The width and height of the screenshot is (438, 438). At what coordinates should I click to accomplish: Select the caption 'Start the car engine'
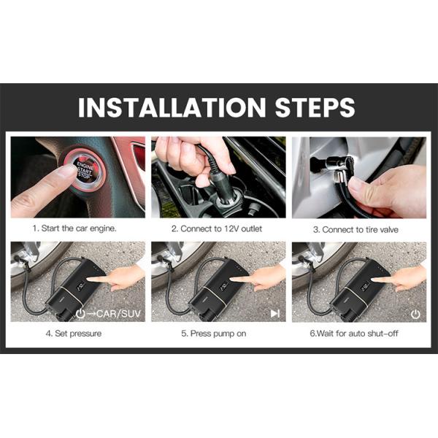coord(78,228)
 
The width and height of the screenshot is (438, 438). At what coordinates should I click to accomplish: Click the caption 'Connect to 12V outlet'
coord(219,228)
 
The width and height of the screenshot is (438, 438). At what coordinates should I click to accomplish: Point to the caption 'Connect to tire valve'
coord(359,228)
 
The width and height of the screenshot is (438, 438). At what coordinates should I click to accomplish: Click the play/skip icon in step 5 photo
coord(275,314)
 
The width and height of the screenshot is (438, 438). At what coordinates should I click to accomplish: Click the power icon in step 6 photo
coord(415,314)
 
